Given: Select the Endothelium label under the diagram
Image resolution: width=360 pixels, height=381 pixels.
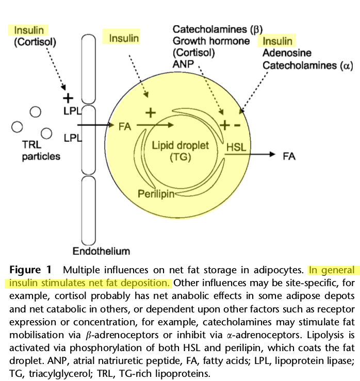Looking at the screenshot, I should coord(101,252).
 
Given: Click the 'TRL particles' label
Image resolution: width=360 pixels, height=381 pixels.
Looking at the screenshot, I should coord(41,151).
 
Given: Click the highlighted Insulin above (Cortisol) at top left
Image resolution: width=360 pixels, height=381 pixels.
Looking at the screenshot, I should coord(29,30).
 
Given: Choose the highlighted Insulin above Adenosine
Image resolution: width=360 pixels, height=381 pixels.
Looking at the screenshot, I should coord(277,41).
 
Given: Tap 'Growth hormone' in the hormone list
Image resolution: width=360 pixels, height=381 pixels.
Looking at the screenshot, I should coord(211,41).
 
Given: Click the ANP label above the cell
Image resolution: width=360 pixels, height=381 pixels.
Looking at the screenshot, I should coord(183,64).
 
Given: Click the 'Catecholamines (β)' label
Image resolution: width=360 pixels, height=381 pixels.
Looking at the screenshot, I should coord(218,29).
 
